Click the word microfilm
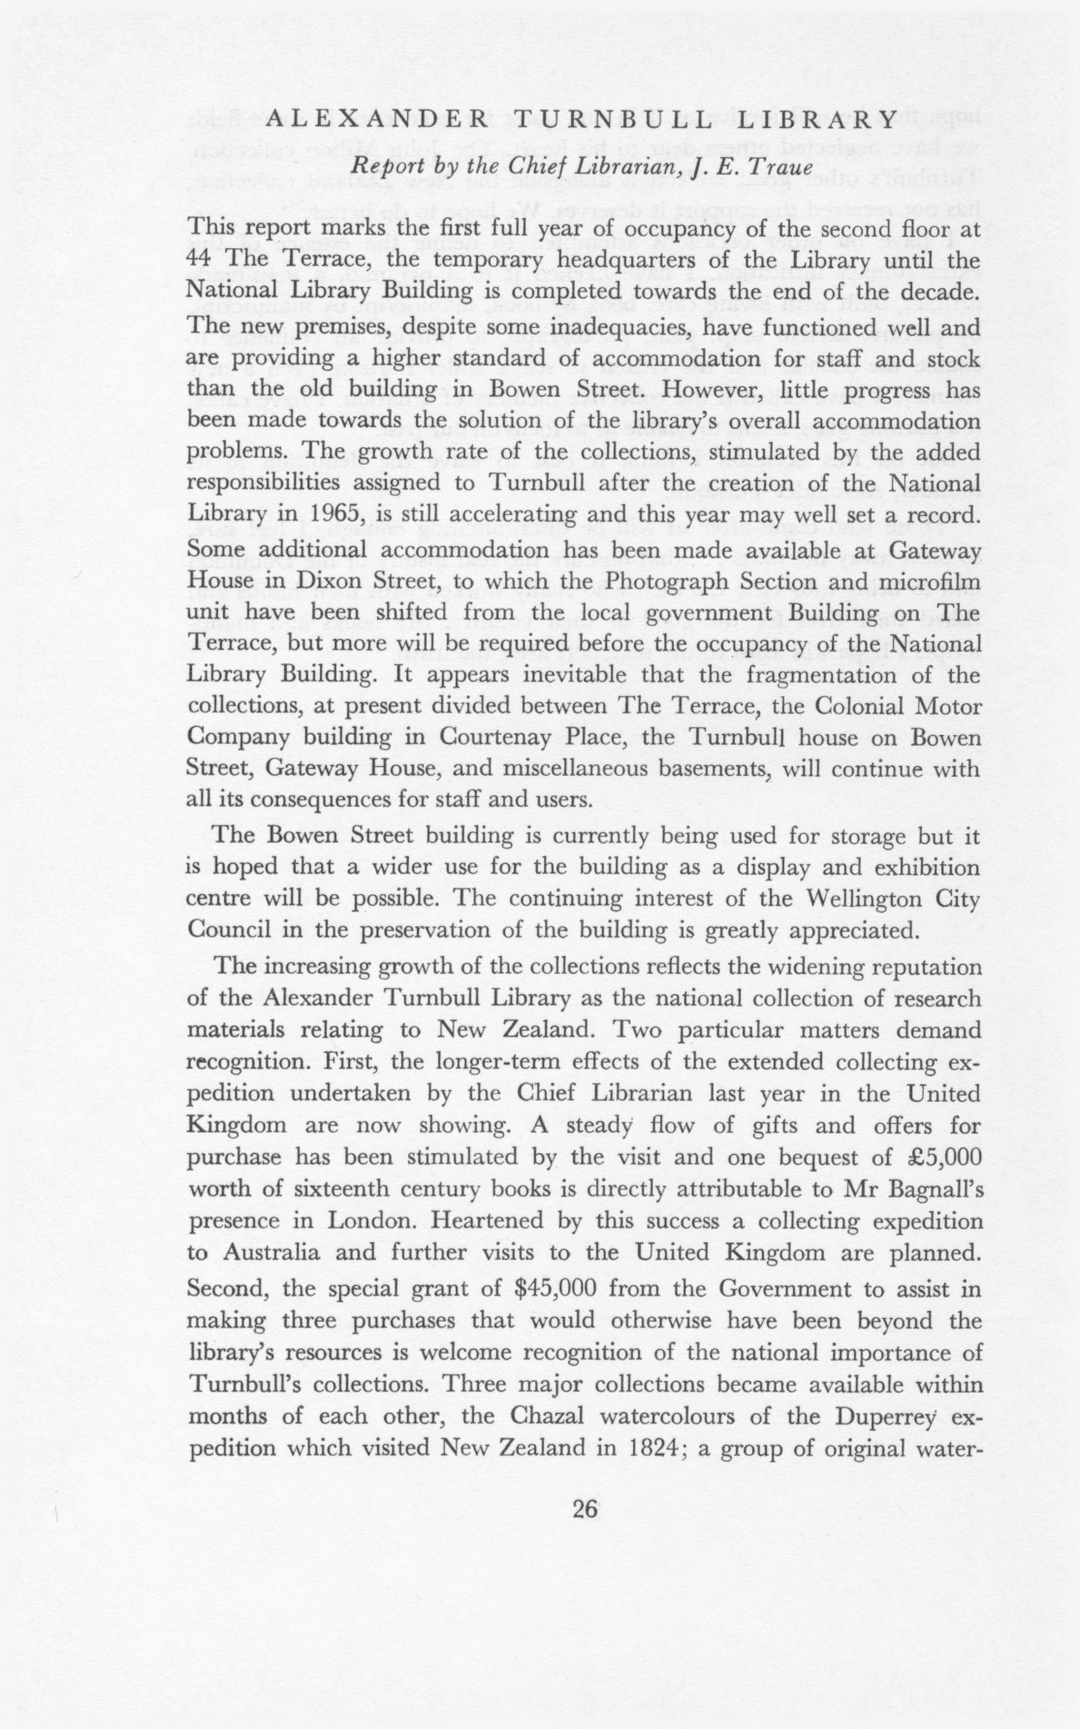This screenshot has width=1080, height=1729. coord(926,580)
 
